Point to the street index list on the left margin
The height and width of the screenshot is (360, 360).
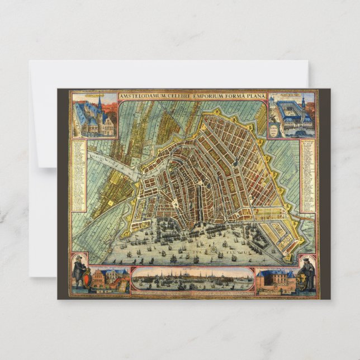point(78,176)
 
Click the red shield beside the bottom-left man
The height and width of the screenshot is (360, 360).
point(86,277)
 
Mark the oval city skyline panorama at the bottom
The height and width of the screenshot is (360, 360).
point(192,279)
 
